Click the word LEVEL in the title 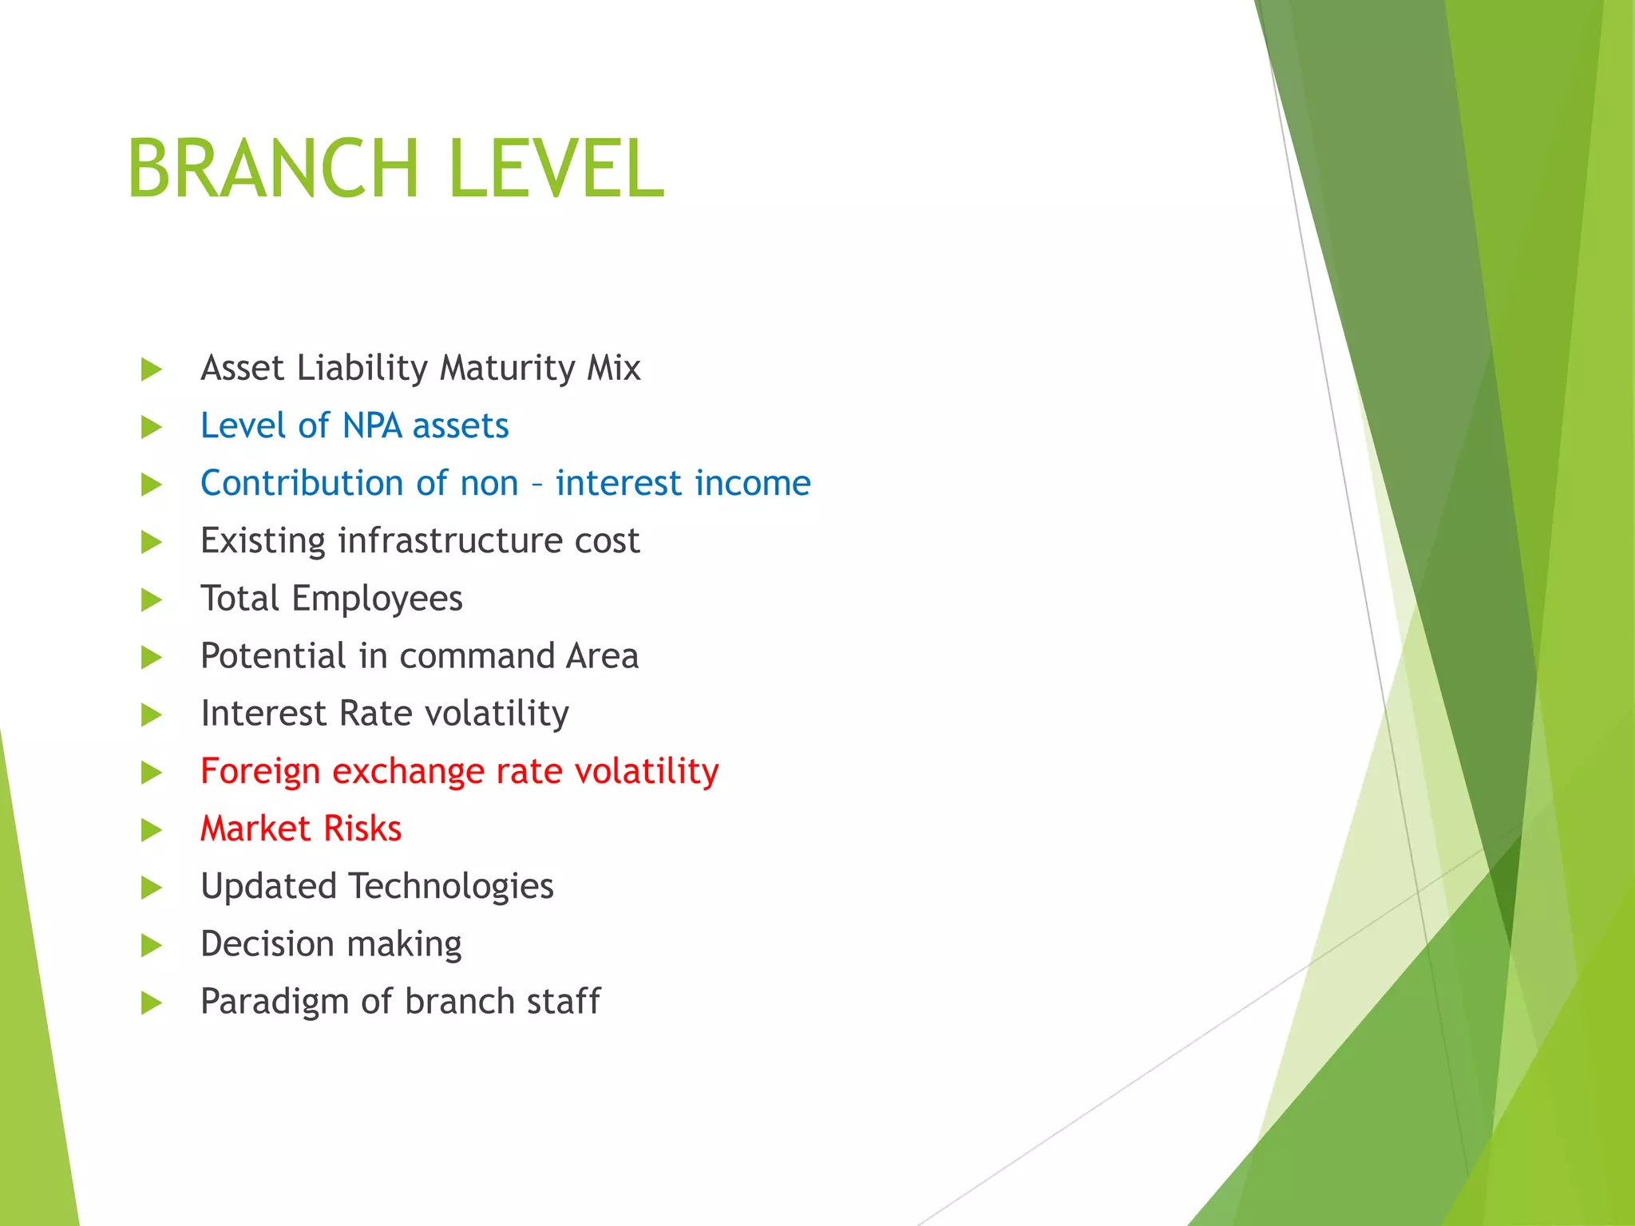point(556,168)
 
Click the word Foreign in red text point(259,772)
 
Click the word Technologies point(451,887)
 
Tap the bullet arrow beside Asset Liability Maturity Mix point(151,370)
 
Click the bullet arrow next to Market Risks point(151,830)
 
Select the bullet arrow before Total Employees point(151,600)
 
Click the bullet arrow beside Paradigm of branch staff point(151,1003)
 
